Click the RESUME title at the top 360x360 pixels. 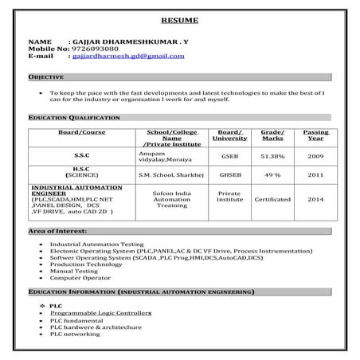[x=180, y=19]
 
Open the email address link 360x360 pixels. [x=127, y=57]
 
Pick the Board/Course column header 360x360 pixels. [x=82, y=131]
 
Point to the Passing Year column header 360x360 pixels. [x=315, y=135]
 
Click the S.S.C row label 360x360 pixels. [x=82, y=156]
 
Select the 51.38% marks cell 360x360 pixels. [x=272, y=156]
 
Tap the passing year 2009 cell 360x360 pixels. [x=315, y=156]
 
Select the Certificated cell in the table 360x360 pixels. [x=272, y=199]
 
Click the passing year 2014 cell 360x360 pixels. [x=315, y=199]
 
